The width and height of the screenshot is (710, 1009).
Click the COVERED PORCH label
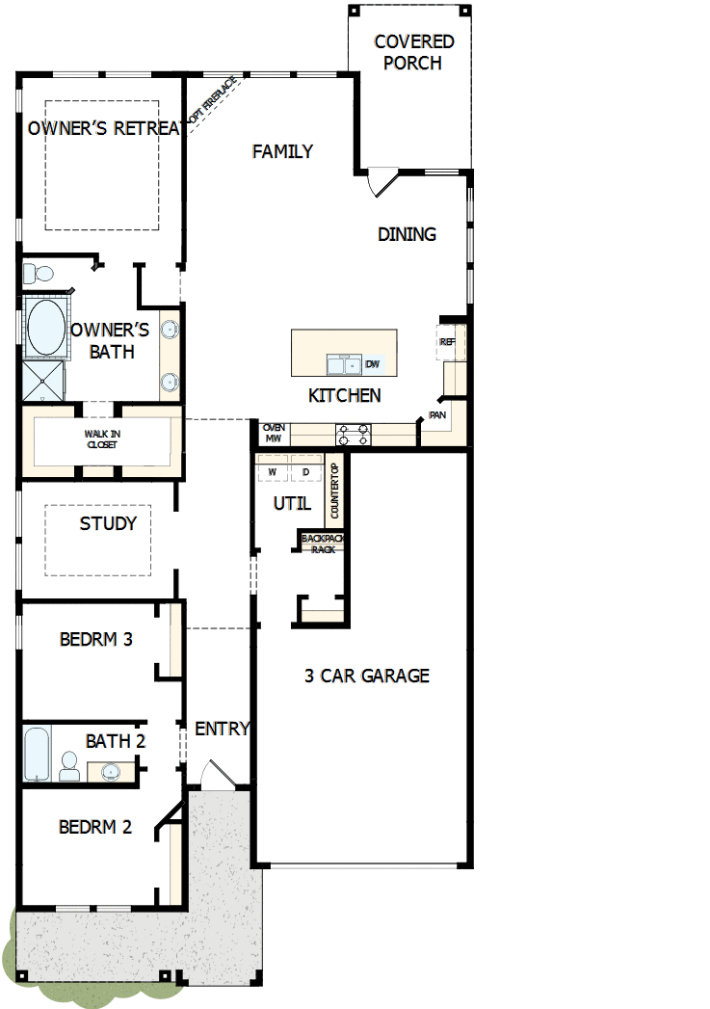(x=413, y=53)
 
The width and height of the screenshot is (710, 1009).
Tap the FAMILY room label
(x=282, y=151)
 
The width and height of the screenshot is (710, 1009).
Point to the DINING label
(x=407, y=234)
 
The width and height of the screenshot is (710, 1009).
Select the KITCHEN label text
(x=344, y=395)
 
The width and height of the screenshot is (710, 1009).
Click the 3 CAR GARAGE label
(x=367, y=676)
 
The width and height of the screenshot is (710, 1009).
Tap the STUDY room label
(x=108, y=524)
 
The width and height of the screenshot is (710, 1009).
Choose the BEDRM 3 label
(x=95, y=639)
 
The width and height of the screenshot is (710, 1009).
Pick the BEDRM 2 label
(x=94, y=827)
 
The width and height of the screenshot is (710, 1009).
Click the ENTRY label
(x=223, y=729)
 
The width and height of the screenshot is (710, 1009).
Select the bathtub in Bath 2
(x=36, y=755)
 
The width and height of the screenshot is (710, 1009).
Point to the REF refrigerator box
(x=447, y=342)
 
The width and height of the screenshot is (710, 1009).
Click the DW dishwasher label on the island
(x=373, y=364)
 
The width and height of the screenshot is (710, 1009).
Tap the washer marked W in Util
(x=272, y=472)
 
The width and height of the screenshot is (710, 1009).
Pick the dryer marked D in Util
(x=305, y=472)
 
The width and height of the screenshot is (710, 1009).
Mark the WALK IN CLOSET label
(x=102, y=439)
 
